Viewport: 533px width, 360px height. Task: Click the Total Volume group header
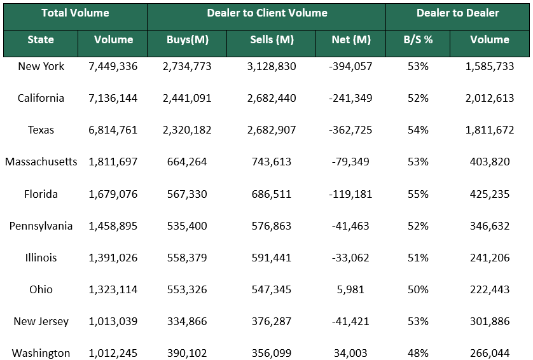75,13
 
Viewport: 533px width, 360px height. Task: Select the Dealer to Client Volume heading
267,13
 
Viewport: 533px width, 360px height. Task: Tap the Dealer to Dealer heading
457,13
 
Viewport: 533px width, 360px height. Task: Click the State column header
41,39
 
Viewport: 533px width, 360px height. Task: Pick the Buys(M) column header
187,39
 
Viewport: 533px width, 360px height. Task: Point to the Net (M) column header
351,39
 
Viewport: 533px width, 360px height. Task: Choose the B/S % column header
418,39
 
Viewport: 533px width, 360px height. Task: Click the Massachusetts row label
41,162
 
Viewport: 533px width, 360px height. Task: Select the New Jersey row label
41,321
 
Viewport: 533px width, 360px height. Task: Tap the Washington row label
41,353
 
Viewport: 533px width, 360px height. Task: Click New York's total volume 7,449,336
113,66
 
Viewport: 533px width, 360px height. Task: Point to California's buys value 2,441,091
187,98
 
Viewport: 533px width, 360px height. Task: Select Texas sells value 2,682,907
272,130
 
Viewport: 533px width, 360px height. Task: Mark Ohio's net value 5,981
351,289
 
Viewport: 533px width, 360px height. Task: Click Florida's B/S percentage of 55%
418,194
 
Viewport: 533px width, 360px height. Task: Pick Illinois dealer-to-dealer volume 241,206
490,258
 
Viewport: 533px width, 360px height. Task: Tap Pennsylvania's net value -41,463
351,226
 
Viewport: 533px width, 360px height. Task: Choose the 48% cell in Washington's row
418,353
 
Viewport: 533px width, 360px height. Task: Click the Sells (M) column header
272,39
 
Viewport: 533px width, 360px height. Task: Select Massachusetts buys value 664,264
187,162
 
